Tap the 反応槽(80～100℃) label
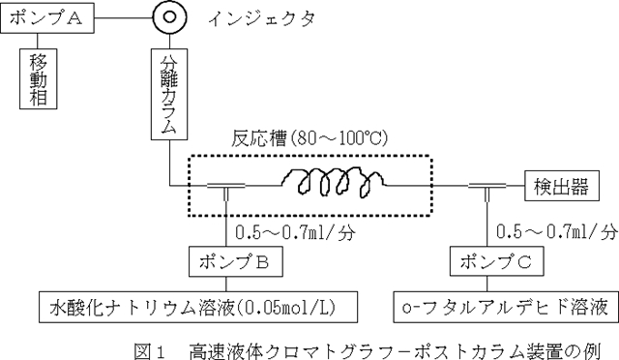click(309, 138)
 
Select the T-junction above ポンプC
click(487, 185)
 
